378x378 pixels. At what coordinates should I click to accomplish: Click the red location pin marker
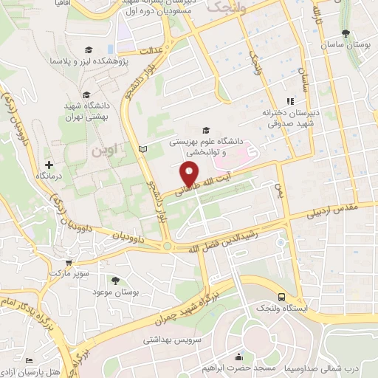tap(190, 173)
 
